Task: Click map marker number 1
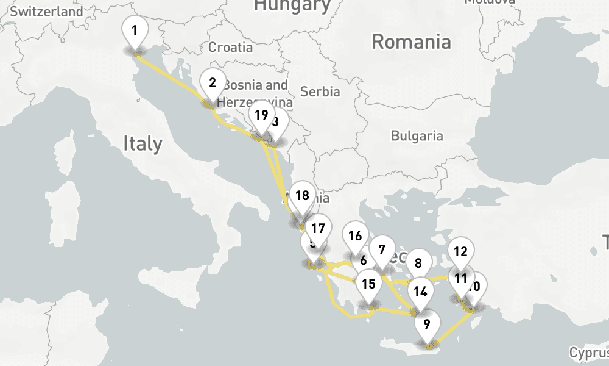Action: click(135, 30)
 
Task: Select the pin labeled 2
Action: click(213, 83)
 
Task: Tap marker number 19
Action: click(261, 115)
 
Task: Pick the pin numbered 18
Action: click(302, 196)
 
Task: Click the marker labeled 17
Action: click(317, 229)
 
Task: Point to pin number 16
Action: click(355, 236)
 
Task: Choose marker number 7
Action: click(382, 249)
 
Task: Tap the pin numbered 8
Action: click(418, 264)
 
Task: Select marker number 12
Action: click(460, 251)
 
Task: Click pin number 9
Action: click(426, 324)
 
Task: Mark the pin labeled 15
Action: click(368, 284)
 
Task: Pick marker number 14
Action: click(420, 291)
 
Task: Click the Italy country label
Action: click(143, 144)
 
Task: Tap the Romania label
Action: click(412, 42)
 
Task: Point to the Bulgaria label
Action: click(417, 135)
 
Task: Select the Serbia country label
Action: click(320, 91)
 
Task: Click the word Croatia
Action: click(230, 47)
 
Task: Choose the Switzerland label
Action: click(46, 11)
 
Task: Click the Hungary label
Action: click(292, 6)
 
